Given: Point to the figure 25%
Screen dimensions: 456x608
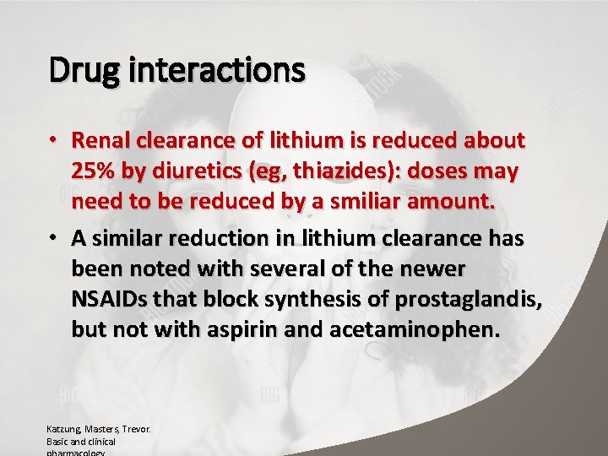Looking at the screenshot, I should pos(95,171).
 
